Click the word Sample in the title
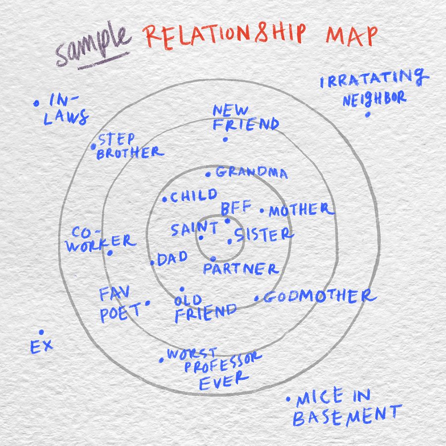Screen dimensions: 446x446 point(92,48)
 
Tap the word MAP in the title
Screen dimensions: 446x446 point(351,36)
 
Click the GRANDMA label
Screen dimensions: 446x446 point(251,173)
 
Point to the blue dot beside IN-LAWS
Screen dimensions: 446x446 point(36,104)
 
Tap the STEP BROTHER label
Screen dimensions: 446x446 point(129,147)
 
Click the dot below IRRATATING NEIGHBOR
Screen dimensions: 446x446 point(367,114)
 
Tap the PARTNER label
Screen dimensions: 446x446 point(241,269)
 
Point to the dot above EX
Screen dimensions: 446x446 point(41,332)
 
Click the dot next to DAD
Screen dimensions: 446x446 point(152,263)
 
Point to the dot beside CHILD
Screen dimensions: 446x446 point(165,200)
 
